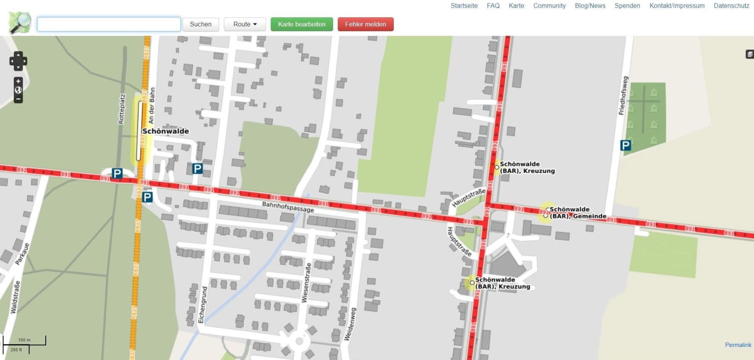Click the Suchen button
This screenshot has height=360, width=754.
200,24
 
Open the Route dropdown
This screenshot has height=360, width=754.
245,24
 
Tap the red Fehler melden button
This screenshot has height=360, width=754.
365,24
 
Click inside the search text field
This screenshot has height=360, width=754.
109,24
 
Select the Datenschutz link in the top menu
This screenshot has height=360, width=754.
731,6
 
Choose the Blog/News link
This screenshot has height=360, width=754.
590,6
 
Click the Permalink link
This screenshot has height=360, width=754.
738,345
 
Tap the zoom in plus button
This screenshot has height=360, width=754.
18,81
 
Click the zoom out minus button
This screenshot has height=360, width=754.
18,99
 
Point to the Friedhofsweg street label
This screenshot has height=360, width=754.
623,96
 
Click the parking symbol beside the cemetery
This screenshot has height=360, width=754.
625,145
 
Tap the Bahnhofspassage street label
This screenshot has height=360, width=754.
288,207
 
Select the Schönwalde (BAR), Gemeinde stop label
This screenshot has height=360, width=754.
577,213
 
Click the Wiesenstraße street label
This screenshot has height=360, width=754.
307,282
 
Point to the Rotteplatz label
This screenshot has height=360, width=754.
121,109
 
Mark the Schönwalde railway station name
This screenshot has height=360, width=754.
165,131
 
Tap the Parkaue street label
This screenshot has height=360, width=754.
22,254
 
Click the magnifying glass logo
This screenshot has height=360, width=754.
20,23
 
